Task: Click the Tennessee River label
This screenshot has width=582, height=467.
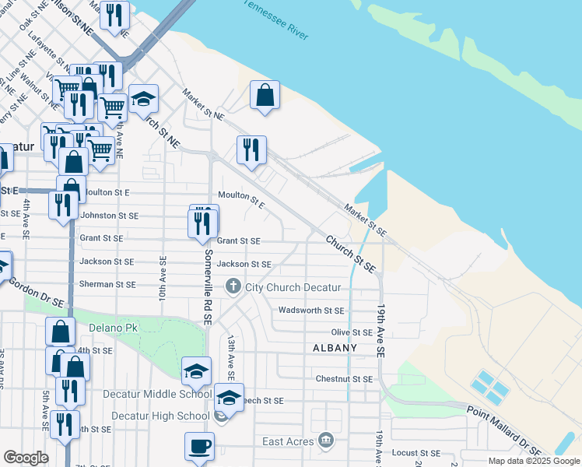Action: pos(276,20)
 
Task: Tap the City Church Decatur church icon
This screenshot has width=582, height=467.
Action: pos(233,287)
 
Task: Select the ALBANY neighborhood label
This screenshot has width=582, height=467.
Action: pos(335,348)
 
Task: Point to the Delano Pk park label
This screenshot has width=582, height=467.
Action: pos(113,328)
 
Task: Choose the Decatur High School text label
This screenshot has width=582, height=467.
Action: pos(160,416)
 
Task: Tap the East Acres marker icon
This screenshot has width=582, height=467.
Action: pos(326,441)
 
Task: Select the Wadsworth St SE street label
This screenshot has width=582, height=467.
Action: pos(311,310)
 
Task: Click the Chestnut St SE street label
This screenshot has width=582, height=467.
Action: pos(344,379)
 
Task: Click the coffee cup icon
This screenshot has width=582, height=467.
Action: pos(199,448)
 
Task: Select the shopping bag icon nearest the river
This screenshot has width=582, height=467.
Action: pos(265,96)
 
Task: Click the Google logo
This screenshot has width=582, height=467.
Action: pos(26,458)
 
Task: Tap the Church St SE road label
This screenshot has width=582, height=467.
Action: pos(351,254)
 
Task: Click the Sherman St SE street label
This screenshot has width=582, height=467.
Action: pos(108,284)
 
